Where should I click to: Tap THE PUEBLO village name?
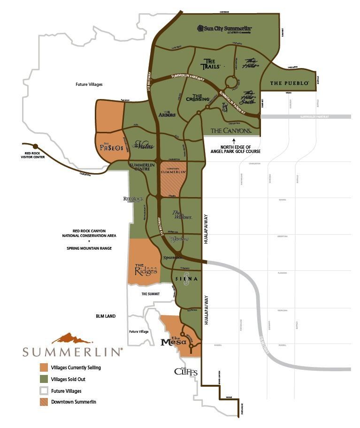289,83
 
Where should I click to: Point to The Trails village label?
209,63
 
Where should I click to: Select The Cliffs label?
186,372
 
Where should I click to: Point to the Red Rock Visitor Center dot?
34,145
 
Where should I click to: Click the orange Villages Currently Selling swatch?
44,367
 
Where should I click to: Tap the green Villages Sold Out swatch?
44,379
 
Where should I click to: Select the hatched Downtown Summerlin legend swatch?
44,402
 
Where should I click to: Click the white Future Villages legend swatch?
44,390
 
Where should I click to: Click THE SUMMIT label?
151,294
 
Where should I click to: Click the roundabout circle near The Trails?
230,82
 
